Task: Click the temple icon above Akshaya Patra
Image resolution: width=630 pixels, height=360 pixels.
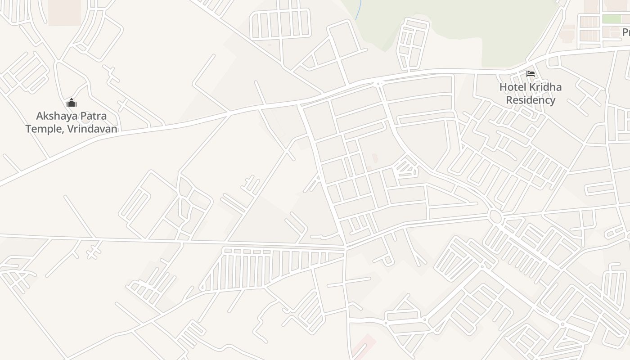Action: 72,103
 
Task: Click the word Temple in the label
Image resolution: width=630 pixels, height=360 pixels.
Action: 43,129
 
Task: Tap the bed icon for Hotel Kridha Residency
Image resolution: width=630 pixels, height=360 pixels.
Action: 531,74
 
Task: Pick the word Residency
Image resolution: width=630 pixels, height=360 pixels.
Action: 531,100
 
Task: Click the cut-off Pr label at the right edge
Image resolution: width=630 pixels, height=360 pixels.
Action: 625,32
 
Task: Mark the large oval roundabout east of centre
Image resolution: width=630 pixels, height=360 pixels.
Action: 495,217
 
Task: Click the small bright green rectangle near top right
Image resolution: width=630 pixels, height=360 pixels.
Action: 612,19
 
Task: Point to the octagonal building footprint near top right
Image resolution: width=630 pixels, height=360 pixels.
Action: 568,34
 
